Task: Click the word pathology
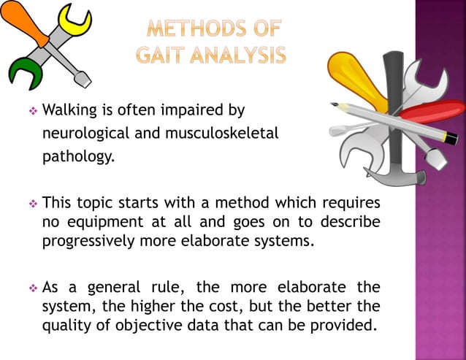(78, 157)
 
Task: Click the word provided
(348, 325)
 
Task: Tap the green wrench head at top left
(22, 74)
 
